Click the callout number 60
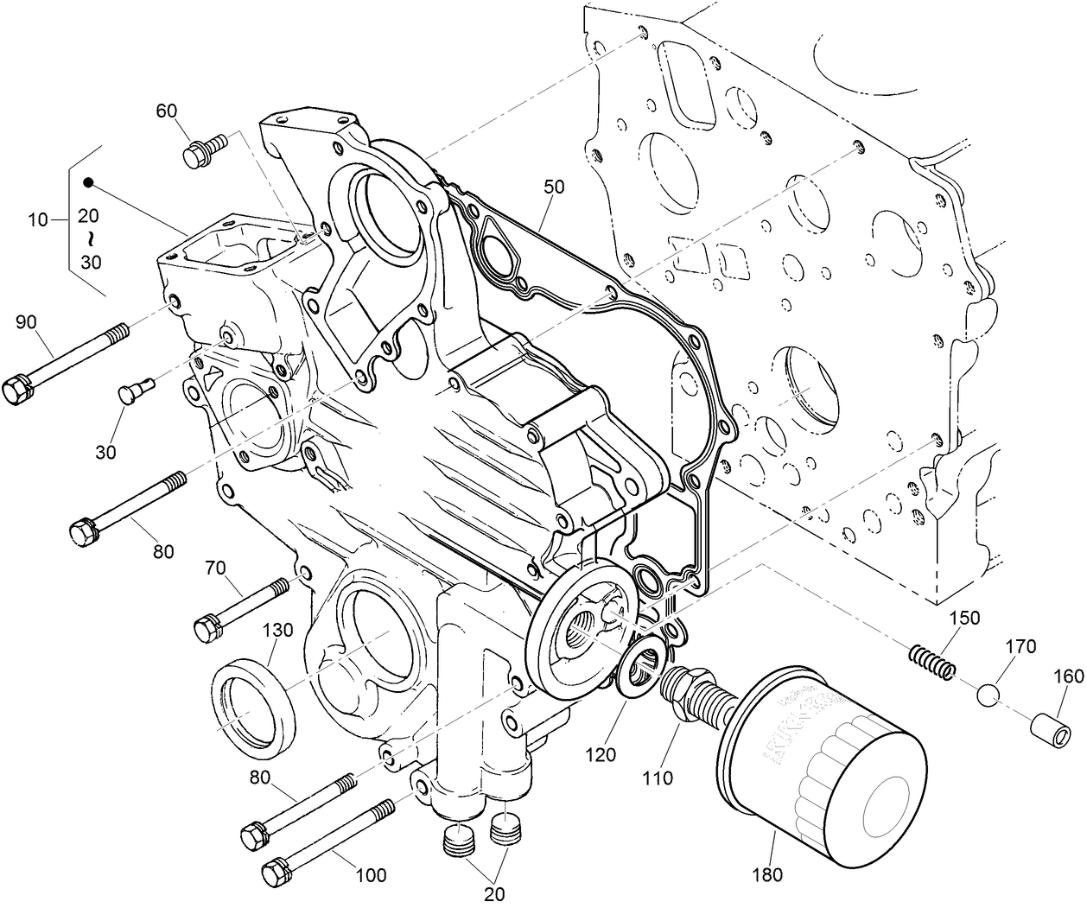pyautogui.click(x=167, y=111)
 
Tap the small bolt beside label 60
pyautogui.click(x=204, y=150)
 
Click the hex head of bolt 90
pyautogui.click(x=19, y=391)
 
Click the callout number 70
pyautogui.click(x=215, y=568)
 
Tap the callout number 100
pyautogui.click(x=371, y=874)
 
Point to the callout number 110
pyautogui.click(x=658, y=778)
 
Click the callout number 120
pyautogui.click(x=601, y=754)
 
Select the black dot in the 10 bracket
pyautogui.click(x=88, y=183)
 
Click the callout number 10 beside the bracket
pyautogui.click(x=38, y=220)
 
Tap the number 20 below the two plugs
pyautogui.click(x=494, y=893)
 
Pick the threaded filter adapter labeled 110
pyautogui.click(x=691, y=690)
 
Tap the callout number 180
pyautogui.click(x=767, y=874)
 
